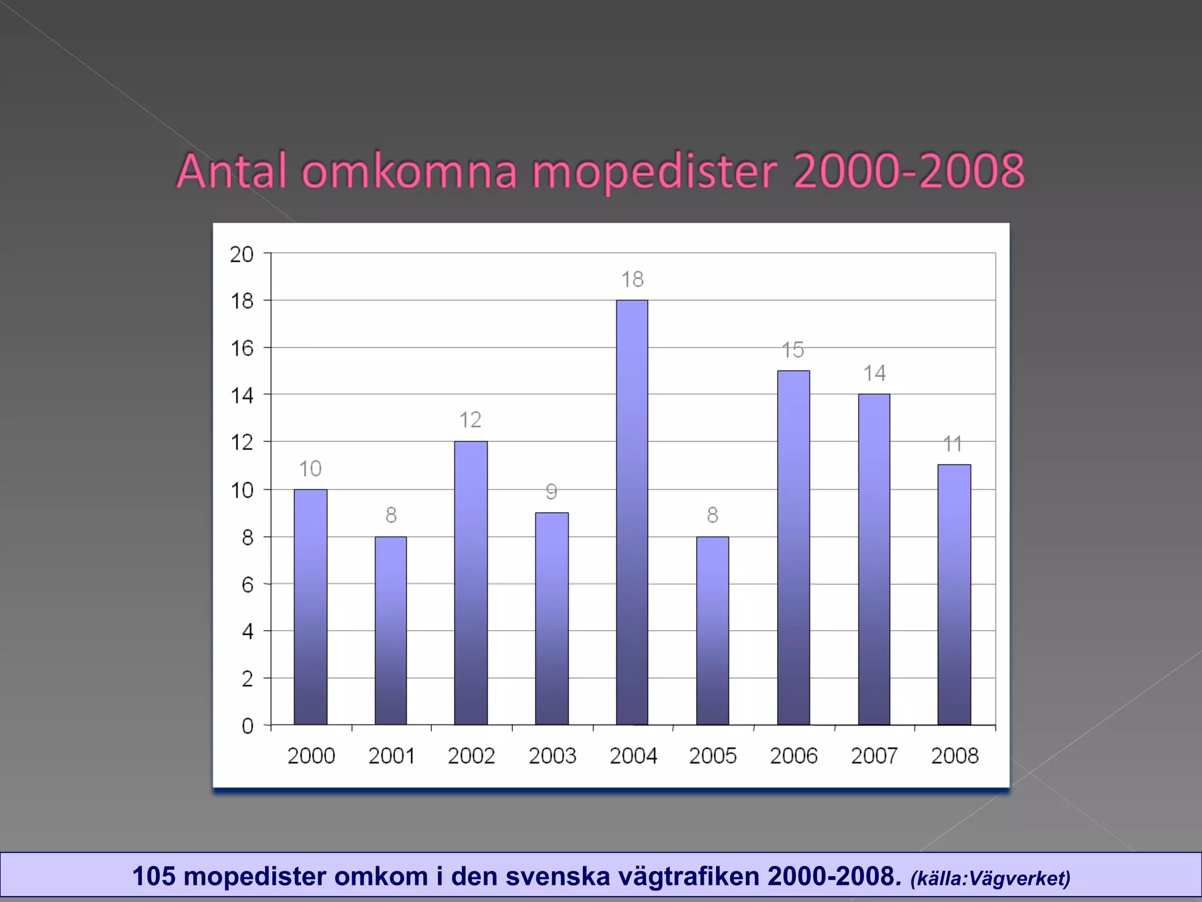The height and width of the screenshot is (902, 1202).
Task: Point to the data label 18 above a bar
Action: pyautogui.click(x=633, y=280)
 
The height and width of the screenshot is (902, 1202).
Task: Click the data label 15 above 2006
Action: pyautogui.click(x=793, y=350)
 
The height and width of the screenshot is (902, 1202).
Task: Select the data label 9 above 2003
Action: pyautogui.click(x=551, y=492)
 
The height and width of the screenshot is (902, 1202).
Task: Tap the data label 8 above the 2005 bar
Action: pyautogui.click(x=713, y=515)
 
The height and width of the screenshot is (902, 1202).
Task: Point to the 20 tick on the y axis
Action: pyautogui.click(x=241, y=254)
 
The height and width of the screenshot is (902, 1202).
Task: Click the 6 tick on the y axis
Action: pyautogui.click(x=248, y=585)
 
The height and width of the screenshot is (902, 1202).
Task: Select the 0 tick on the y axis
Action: pyautogui.click(x=248, y=726)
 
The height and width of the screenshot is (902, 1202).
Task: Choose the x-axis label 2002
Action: pyautogui.click(x=471, y=756)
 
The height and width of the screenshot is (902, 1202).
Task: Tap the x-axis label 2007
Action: pyautogui.click(x=875, y=756)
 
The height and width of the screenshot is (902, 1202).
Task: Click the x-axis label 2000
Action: pyautogui.click(x=311, y=756)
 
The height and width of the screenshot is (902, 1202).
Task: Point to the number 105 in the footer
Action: pyautogui.click(x=154, y=876)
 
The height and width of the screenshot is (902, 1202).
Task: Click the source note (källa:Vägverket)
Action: pyautogui.click(x=990, y=879)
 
